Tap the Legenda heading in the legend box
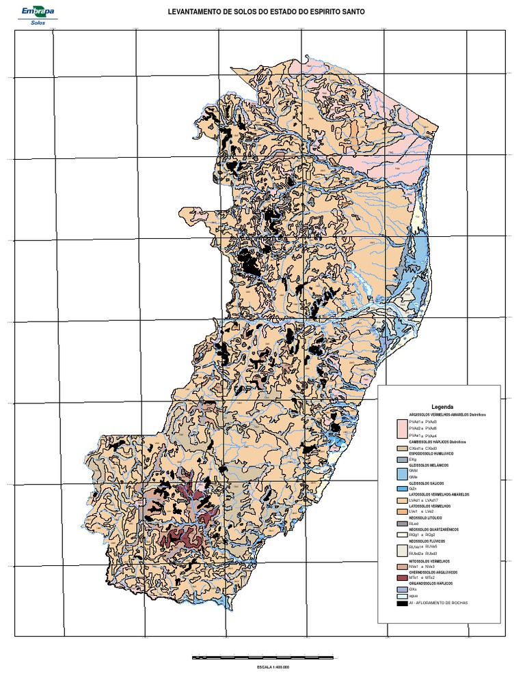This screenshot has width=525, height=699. [x=441, y=406]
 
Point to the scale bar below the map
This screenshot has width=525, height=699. [x=263, y=657]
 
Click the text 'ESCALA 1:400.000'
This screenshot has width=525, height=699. [x=263, y=667]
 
